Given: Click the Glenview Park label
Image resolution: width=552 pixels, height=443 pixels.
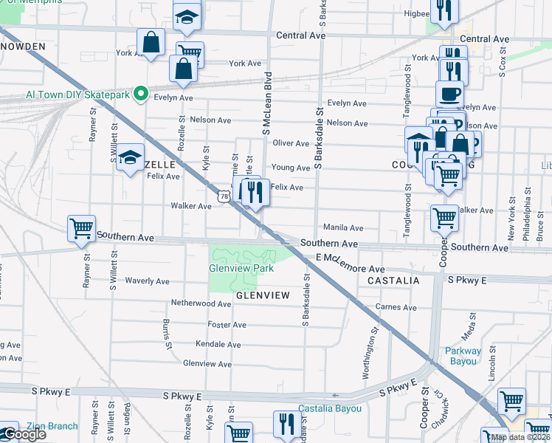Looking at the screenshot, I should point(241,269).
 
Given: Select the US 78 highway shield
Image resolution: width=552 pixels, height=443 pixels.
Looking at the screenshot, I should point(223,196).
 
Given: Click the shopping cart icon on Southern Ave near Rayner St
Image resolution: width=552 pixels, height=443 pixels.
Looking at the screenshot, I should point(81,227).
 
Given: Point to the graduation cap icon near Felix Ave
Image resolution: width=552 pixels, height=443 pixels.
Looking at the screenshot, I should point(130,157).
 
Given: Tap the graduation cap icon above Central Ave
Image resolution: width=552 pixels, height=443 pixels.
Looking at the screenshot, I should point(187,16).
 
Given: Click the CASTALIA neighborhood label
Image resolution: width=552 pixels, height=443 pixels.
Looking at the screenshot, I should point(394,281).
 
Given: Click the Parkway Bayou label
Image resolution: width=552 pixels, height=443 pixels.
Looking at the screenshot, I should point(463,356).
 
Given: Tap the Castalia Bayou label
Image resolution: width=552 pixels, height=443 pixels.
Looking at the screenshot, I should point(330,408).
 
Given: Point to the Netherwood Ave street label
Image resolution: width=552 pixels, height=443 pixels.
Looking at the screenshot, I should point(201,303).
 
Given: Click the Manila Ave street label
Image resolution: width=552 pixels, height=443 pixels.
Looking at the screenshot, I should point(343,228).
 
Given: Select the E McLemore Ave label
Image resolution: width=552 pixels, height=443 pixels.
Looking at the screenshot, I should point(351,264).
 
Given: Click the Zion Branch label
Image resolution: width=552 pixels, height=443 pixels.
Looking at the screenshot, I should point(52,426).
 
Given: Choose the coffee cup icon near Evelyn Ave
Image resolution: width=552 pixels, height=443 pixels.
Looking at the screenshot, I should point(449,93).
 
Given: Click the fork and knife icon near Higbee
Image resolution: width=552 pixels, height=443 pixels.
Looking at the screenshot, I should point(445,9).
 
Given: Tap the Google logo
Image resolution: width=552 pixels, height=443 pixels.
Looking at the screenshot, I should point(24,435).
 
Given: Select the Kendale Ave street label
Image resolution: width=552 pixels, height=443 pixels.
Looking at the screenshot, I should point(218,345).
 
